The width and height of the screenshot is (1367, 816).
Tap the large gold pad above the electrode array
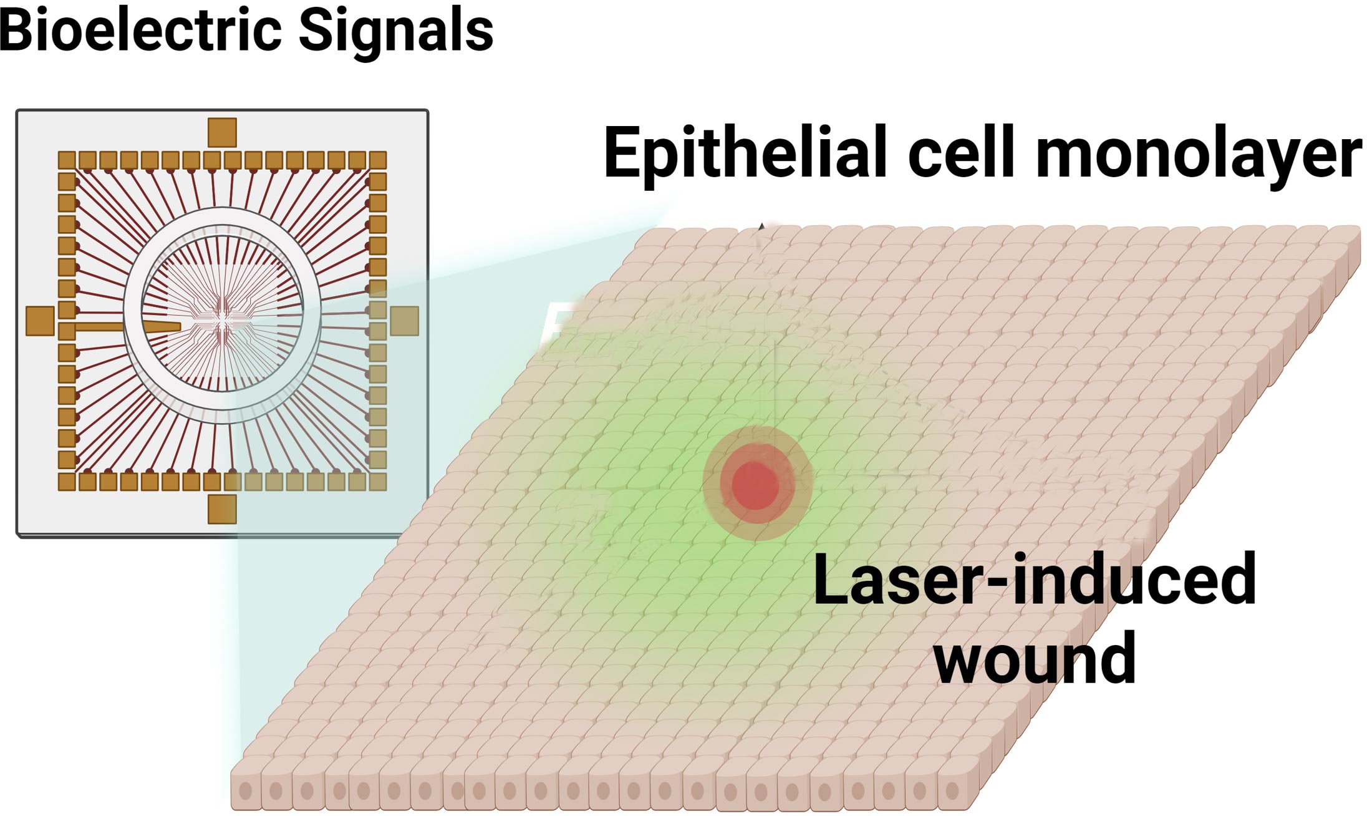coord(222,132)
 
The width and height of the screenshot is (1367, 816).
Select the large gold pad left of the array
coord(40,321)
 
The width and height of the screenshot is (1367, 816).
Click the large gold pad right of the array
coord(404,321)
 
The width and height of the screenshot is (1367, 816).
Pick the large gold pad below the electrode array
coord(222,509)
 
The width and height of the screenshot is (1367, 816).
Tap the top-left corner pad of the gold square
coord(67,160)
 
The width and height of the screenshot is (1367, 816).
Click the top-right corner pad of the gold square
coord(378,160)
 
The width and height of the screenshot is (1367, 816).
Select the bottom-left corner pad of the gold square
coord(67,482)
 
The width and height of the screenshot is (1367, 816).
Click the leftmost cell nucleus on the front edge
coord(246,791)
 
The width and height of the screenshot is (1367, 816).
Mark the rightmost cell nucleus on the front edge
coord(952,791)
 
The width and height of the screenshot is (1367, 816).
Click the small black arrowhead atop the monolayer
coord(761,226)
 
